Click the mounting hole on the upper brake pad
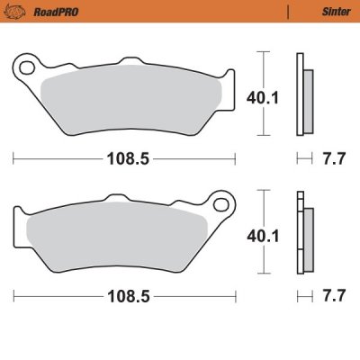pos(27,66)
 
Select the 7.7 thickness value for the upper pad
pos(334,158)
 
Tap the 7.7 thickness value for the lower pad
pos(334,295)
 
